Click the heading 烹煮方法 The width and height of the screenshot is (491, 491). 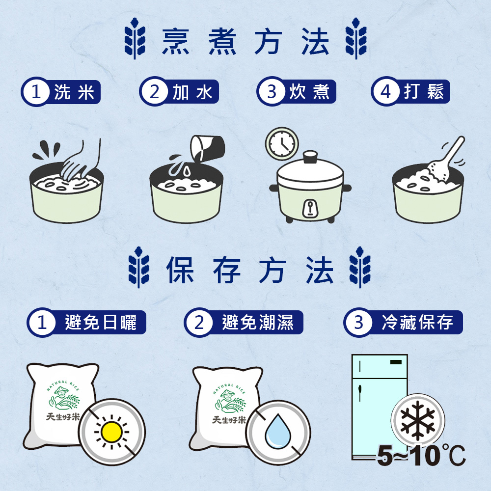tap(245, 41)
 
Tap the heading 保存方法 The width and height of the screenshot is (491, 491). tap(249, 270)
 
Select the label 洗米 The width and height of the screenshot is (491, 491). tap(74, 92)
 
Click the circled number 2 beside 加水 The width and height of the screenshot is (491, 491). tap(154, 92)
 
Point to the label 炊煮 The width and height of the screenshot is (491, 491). tap(309, 92)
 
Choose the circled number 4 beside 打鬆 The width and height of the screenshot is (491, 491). tap(385, 92)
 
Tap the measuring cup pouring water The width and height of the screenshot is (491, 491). tap(207, 147)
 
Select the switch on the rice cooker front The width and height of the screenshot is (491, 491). tap(310, 208)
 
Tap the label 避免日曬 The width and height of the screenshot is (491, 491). tap(101, 322)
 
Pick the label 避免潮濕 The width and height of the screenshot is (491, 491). tap(258, 322)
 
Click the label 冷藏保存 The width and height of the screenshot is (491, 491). tap(417, 322)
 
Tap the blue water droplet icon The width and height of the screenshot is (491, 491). tap(278, 431)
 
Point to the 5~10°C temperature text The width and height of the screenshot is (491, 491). tap(421, 456)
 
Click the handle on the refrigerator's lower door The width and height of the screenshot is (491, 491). tap(360, 393)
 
